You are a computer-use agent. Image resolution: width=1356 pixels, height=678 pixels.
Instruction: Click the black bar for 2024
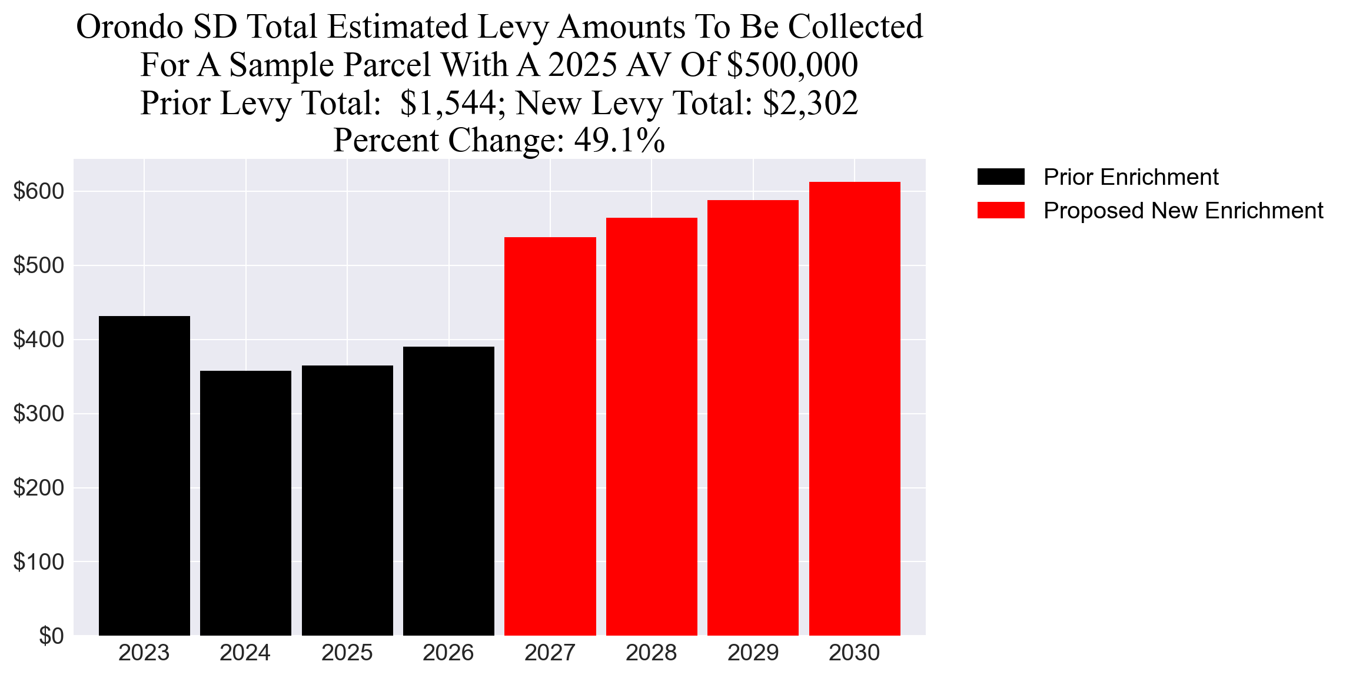click(245, 503)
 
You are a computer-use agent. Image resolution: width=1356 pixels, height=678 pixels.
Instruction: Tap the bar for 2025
click(347, 500)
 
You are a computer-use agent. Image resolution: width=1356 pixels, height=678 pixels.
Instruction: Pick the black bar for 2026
click(448, 491)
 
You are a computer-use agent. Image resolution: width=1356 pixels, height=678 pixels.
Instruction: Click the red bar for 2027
click(550, 436)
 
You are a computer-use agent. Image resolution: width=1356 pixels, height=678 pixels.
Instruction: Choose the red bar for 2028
click(652, 427)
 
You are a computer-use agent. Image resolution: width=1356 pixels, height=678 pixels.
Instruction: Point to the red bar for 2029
click(753, 418)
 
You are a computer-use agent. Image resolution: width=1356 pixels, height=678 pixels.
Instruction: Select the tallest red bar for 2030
click(855, 408)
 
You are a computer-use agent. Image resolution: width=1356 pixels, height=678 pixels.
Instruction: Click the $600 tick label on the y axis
click(38, 191)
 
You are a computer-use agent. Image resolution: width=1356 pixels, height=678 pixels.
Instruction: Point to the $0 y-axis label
click(51, 636)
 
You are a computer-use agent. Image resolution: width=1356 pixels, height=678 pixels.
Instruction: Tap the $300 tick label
click(38, 414)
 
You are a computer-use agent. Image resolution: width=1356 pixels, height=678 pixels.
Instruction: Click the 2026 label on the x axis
click(448, 653)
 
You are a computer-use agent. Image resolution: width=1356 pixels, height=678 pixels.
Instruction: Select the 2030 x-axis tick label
click(855, 653)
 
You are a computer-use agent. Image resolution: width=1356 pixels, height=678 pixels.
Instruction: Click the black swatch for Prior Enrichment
click(1001, 177)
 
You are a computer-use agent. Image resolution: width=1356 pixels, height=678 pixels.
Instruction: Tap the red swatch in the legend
click(1001, 210)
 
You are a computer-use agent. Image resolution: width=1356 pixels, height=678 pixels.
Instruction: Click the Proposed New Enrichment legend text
click(1183, 210)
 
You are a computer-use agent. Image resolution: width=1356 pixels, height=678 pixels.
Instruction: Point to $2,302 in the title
click(810, 103)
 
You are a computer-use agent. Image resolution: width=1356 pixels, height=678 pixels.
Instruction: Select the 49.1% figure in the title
click(619, 141)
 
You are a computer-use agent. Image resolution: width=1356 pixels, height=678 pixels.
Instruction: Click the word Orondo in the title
click(129, 27)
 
